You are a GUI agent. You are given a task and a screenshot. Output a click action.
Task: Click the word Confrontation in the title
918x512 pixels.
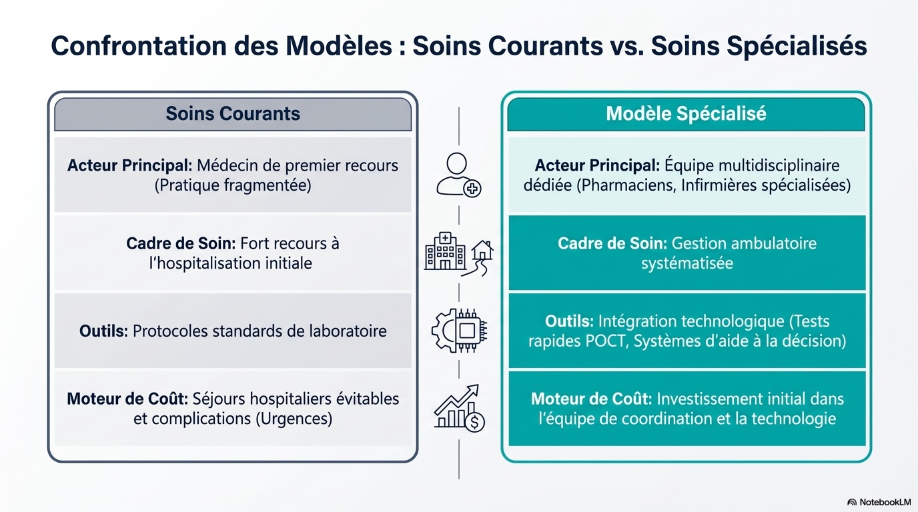139,45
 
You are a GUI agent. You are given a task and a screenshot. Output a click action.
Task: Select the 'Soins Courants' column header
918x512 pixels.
233,113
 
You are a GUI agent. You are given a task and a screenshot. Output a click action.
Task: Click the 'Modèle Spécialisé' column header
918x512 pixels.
686,113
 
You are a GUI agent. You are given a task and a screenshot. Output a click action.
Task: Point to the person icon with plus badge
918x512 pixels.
458,175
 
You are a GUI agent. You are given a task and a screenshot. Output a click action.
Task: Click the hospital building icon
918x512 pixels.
445,251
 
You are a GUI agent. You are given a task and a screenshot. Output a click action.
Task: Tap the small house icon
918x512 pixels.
482,249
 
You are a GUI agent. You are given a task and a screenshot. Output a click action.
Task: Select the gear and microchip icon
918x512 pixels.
459,331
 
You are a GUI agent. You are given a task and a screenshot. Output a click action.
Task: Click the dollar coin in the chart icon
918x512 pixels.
474,421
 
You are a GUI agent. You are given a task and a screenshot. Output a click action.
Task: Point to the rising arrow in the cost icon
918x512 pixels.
457,399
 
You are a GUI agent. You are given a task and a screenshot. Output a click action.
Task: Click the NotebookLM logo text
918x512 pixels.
885,502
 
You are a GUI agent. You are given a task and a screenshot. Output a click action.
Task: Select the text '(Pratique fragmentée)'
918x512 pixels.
233,185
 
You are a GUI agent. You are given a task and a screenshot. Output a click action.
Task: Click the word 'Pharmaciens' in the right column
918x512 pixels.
628,185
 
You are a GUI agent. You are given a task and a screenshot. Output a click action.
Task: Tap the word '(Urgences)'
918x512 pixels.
294,419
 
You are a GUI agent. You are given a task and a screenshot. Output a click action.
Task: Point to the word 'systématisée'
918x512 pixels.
687,263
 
